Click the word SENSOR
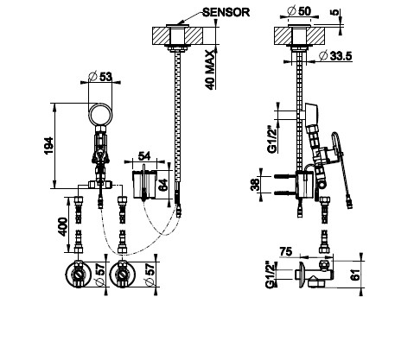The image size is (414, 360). click(226, 12)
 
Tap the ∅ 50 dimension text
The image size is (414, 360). click(300, 11)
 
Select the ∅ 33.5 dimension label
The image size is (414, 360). click(335, 55)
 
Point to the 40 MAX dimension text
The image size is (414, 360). click(211, 70)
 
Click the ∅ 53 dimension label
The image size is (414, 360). click(100, 77)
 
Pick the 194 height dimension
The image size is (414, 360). click(48, 146)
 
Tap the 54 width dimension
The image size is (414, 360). click(144, 156)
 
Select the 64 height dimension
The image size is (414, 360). click(162, 186)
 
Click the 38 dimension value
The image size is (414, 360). click(255, 185)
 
